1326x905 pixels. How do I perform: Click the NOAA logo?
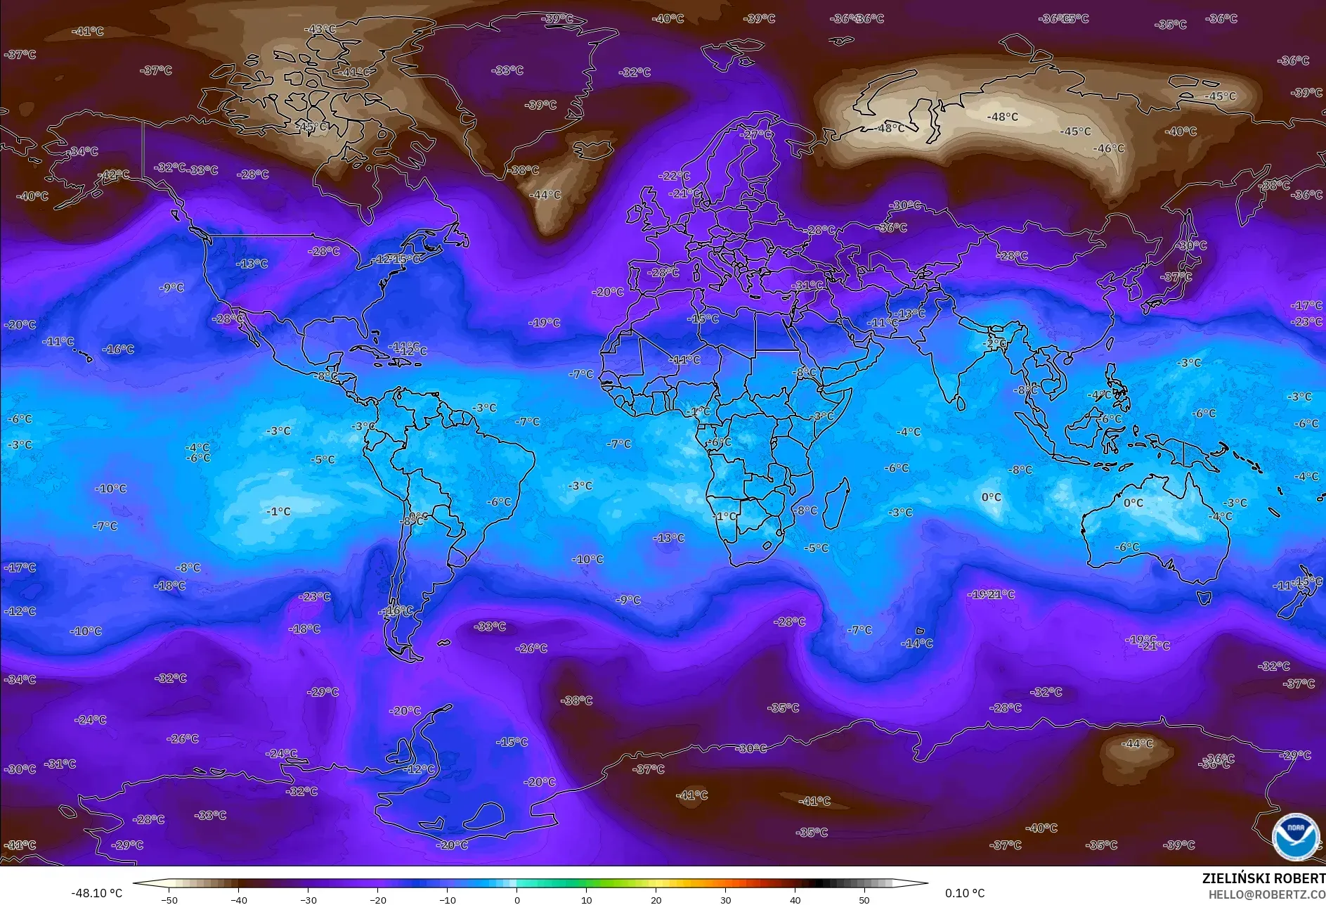pyautogui.click(x=1295, y=836)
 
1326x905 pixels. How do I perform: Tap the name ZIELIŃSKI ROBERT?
pyautogui.click(x=1263, y=878)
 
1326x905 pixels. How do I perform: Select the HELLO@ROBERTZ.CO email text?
pyautogui.click(x=1266, y=894)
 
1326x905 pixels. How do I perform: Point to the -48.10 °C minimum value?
pyautogui.click(x=96, y=893)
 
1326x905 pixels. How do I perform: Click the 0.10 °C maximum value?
pyautogui.click(x=964, y=893)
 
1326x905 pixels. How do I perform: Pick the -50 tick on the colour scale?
pyautogui.click(x=169, y=899)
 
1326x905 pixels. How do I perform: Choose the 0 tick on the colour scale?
pyautogui.click(x=516, y=899)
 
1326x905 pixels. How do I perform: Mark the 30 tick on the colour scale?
pyautogui.click(x=725, y=899)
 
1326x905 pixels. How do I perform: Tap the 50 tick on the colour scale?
pyautogui.click(x=864, y=899)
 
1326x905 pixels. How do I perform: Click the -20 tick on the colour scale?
pyautogui.click(x=377, y=899)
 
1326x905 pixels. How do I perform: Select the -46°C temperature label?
pyautogui.click(x=1109, y=148)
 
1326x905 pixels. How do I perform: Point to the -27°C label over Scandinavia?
pyautogui.click(x=757, y=134)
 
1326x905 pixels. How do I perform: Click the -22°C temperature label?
pyautogui.click(x=674, y=176)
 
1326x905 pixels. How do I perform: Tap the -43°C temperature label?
pyautogui.click(x=320, y=30)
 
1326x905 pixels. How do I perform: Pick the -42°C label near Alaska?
pyautogui.click(x=114, y=174)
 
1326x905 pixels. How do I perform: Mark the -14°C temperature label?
pyautogui.click(x=917, y=643)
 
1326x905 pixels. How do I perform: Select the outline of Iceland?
pyautogui.click(x=592, y=150)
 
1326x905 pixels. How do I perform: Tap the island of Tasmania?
pyautogui.click(x=1204, y=598)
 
